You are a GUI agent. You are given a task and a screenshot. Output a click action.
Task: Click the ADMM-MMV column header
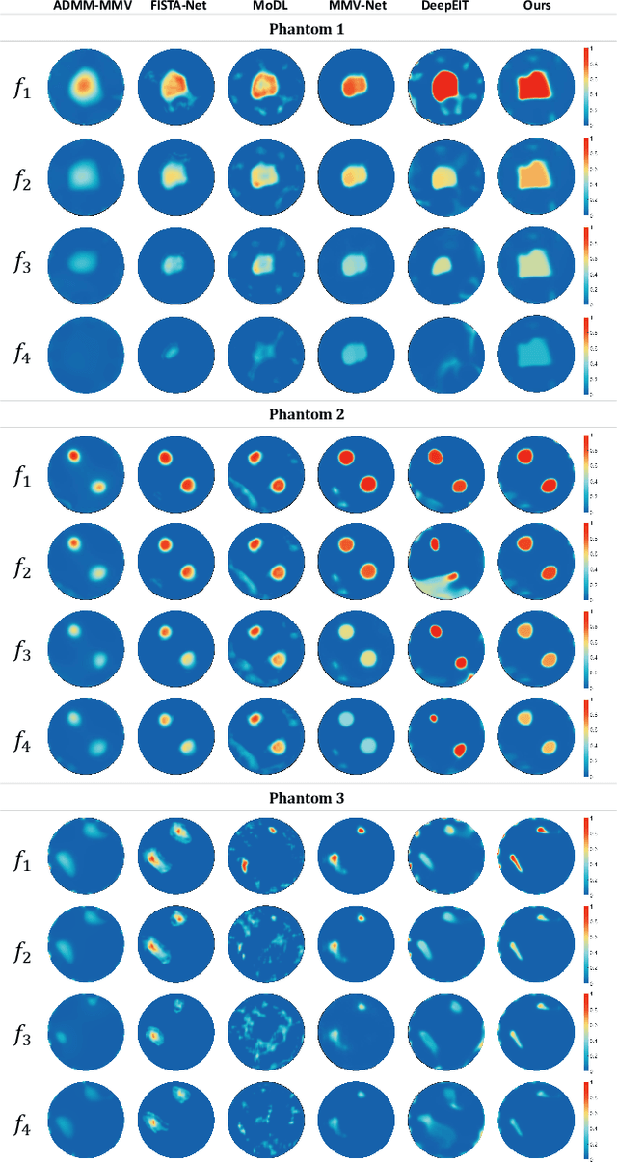pyautogui.click(x=86, y=9)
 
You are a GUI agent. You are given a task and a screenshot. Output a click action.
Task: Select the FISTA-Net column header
pyautogui.click(x=175, y=9)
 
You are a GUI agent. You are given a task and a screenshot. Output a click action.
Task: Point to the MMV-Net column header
pyautogui.click(x=354, y=9)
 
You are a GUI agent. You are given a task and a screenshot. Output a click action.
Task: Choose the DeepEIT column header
pyautogui.click(x=443, y=9)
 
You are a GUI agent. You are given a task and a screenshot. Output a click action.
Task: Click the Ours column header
pyautogui.click(x=533, y=9)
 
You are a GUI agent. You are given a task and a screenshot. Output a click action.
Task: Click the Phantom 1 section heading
pyautogui.click(x=308, y=29)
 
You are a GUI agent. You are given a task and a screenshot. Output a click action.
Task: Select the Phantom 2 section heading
pyautogui.click(x=308, y=414)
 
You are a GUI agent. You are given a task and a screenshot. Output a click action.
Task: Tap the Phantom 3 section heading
pyautogui.click(x=308, y=799)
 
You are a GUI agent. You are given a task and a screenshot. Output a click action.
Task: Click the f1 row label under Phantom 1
pyautogui.click(x=21, y=93)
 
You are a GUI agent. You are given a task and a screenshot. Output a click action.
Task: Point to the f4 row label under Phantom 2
pyautogui.click(x=21, y=741)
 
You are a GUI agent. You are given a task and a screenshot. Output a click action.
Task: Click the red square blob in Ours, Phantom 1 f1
pyautogui.click(x=533, y=87)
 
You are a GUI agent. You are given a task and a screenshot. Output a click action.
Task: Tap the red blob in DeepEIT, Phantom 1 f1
pyautogui.click(x=445, y=87)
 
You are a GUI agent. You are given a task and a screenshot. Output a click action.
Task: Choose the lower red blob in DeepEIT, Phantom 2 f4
pyautogui.click(x=460, y=750)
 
